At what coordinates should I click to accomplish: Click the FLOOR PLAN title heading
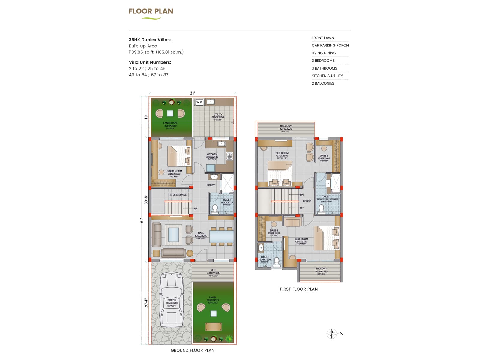(x=151, y=11)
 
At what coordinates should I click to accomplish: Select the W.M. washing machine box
(x=199, y=102)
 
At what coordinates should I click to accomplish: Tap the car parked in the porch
(x=172, y=300)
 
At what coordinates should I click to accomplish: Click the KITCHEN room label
(x=212, y=154)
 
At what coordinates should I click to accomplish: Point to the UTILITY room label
(x=218, y=115)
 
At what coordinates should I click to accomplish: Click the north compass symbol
(x=332, y=334)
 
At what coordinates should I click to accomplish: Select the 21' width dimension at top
(x=193, y=93)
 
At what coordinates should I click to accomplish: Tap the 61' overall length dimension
(x=142, y=220)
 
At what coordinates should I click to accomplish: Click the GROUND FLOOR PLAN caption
(x=193, y=350)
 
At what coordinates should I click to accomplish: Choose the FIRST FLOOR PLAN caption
(x=299, y=289)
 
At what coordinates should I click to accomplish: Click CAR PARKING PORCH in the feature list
(x=330, y=46)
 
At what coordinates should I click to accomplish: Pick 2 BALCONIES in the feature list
(x=323, y=83)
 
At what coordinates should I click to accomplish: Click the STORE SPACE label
(x=178, y=195)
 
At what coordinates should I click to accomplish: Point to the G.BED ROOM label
(x=174, y=171)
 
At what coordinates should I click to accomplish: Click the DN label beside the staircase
(x=302, y=195)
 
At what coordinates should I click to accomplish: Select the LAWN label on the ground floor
(x=212, y=298)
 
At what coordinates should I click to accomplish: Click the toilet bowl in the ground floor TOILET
(x=215, y=208)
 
